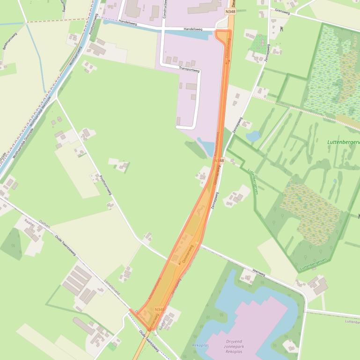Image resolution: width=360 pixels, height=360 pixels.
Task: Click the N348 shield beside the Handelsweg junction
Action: coord(229,12)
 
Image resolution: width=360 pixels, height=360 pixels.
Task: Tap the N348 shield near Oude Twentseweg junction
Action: coord(159,310)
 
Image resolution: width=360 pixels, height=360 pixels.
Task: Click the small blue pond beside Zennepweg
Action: coord(253,136)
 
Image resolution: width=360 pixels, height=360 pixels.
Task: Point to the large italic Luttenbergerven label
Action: coord(344,141)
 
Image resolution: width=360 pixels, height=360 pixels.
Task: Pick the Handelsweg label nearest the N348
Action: coord(193,29)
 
